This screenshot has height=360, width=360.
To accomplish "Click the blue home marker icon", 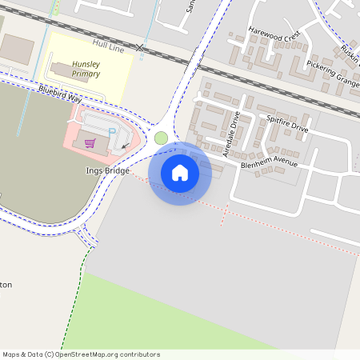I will (x=180, y=173).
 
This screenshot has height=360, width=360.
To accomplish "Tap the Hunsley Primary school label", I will (x=86, y=68).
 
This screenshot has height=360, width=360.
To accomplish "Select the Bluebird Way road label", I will (x=60, y=93).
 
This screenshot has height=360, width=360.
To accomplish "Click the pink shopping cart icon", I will (x=90, y=143).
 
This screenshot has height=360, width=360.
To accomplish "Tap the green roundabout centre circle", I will (x=161, y=138).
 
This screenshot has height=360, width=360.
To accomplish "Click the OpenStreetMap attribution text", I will (x=80, y=354).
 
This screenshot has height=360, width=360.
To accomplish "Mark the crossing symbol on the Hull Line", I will (x=141, y=48).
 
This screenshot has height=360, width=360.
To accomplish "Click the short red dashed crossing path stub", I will (x=225, y=215).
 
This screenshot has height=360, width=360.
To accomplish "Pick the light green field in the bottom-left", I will (x=160, y=320).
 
